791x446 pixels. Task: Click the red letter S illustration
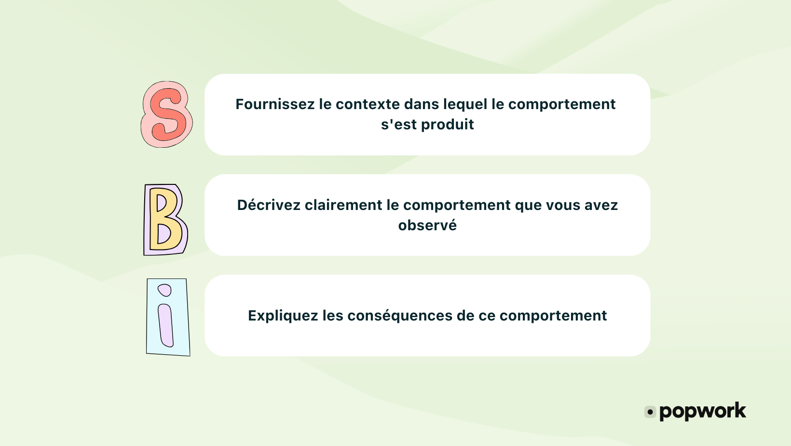(166, 114)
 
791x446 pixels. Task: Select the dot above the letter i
(165, 290)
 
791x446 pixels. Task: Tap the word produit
(448, 125)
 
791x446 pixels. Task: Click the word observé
(427, 225)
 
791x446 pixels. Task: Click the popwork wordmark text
(702, 412)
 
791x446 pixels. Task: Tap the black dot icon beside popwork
(650, 412)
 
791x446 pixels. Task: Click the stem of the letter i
(166, 325)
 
